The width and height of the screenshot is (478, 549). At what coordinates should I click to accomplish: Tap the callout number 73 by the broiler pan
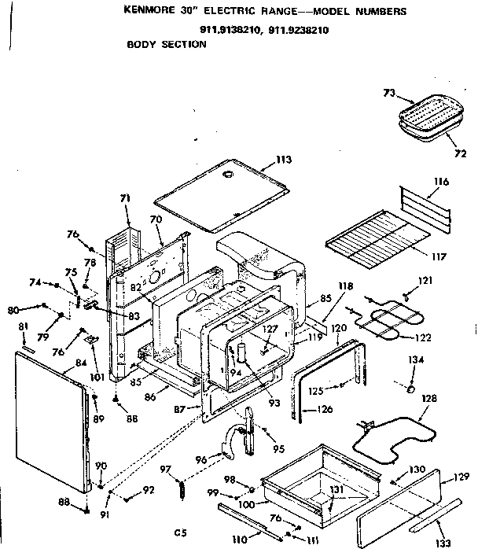388,93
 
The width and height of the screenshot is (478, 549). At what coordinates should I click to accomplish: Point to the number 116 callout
440,182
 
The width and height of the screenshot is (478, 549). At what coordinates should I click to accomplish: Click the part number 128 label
428,400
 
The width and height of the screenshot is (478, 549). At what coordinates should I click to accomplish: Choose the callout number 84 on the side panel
80,363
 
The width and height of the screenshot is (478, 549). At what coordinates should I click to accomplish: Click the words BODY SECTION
166,45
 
